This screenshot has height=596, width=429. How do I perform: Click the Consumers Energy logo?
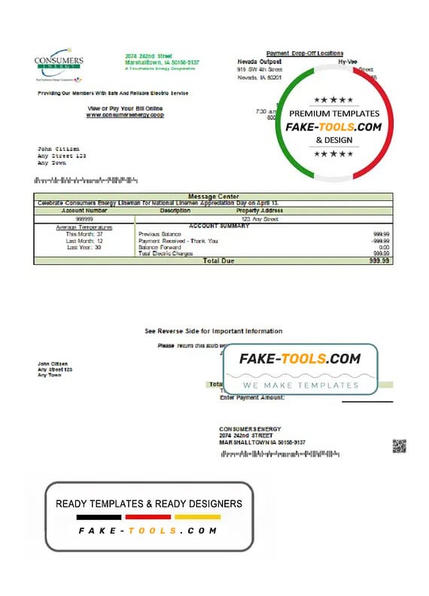pyautogui.click(x=59, y=66)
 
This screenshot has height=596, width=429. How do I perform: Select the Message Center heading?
pyautogui.click(x=212, y=196)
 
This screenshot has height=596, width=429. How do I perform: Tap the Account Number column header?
pyautogui.click(x=84, y=211)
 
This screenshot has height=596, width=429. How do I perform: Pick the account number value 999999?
pyautogui.click(x=84, y=219)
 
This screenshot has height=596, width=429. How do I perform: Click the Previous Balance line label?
pyautogui.click(x=160, y=234)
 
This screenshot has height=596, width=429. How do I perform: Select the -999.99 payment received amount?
pyautogui.click(x=379, y=241)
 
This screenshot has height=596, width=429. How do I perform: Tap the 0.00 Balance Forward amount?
pyautogui.click(x=383, y=247)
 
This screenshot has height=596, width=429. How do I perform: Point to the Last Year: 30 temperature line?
pyautogui.click(x=84, y=248)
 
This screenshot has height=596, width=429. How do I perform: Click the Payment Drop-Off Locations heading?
pyautogui.click(x=305, y=53)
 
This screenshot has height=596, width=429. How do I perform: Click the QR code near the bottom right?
pyautogui.click(x=399, y=445)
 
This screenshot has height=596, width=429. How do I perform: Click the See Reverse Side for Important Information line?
pyautogui.click(x=214, y=331)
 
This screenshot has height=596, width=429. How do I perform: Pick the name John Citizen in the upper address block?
pyautogui.click(x=58, y=150)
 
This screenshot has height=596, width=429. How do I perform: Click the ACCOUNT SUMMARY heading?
pyautogui.click(x=219, y=226)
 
